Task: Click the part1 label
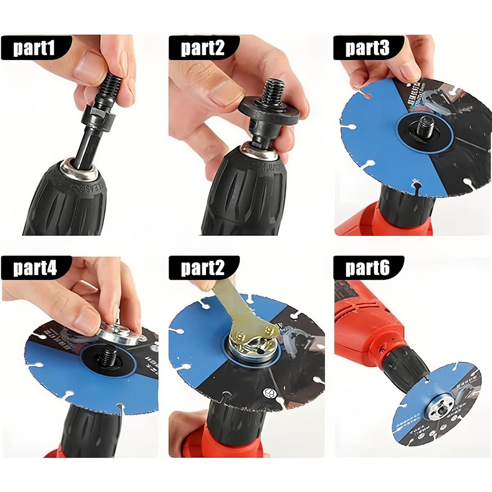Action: coord(34,48)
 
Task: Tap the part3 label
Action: coord(367,48)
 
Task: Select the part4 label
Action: coord(34,268)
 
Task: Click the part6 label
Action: coord(367,268)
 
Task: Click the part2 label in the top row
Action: coord(203,48)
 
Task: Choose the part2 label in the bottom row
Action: coord(203,268)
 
